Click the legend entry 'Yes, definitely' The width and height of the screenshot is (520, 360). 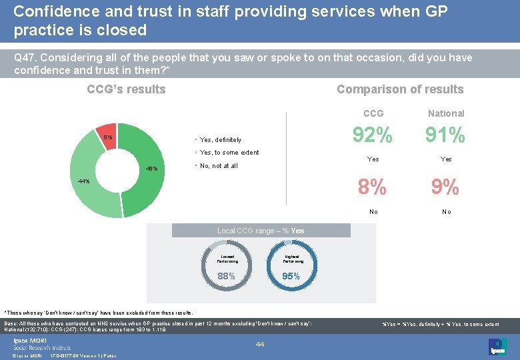point(220,140)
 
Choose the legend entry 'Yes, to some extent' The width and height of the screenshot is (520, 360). point(229,153)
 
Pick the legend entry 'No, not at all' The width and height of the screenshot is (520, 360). point(218,166)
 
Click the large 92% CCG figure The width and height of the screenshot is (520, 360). point(373,135)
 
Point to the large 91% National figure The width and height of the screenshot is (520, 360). point(445,135)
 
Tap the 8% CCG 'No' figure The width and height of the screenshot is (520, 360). point(372,187)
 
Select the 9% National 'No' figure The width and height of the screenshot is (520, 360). point(445,187)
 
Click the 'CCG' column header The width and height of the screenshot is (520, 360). point(373,113)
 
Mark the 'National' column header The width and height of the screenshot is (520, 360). point(446,113)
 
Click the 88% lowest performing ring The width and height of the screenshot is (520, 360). point(227,265)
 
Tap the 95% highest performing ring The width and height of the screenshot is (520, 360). point(291,265)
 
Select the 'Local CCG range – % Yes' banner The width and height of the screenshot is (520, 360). point(261,231)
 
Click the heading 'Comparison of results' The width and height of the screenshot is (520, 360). point(399,89)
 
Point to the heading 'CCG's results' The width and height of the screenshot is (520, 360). point(126,89)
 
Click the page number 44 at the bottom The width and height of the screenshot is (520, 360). point(260,344)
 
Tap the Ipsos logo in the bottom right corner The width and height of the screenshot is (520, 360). point(497,346)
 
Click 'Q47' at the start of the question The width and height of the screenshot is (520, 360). point(25,58)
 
